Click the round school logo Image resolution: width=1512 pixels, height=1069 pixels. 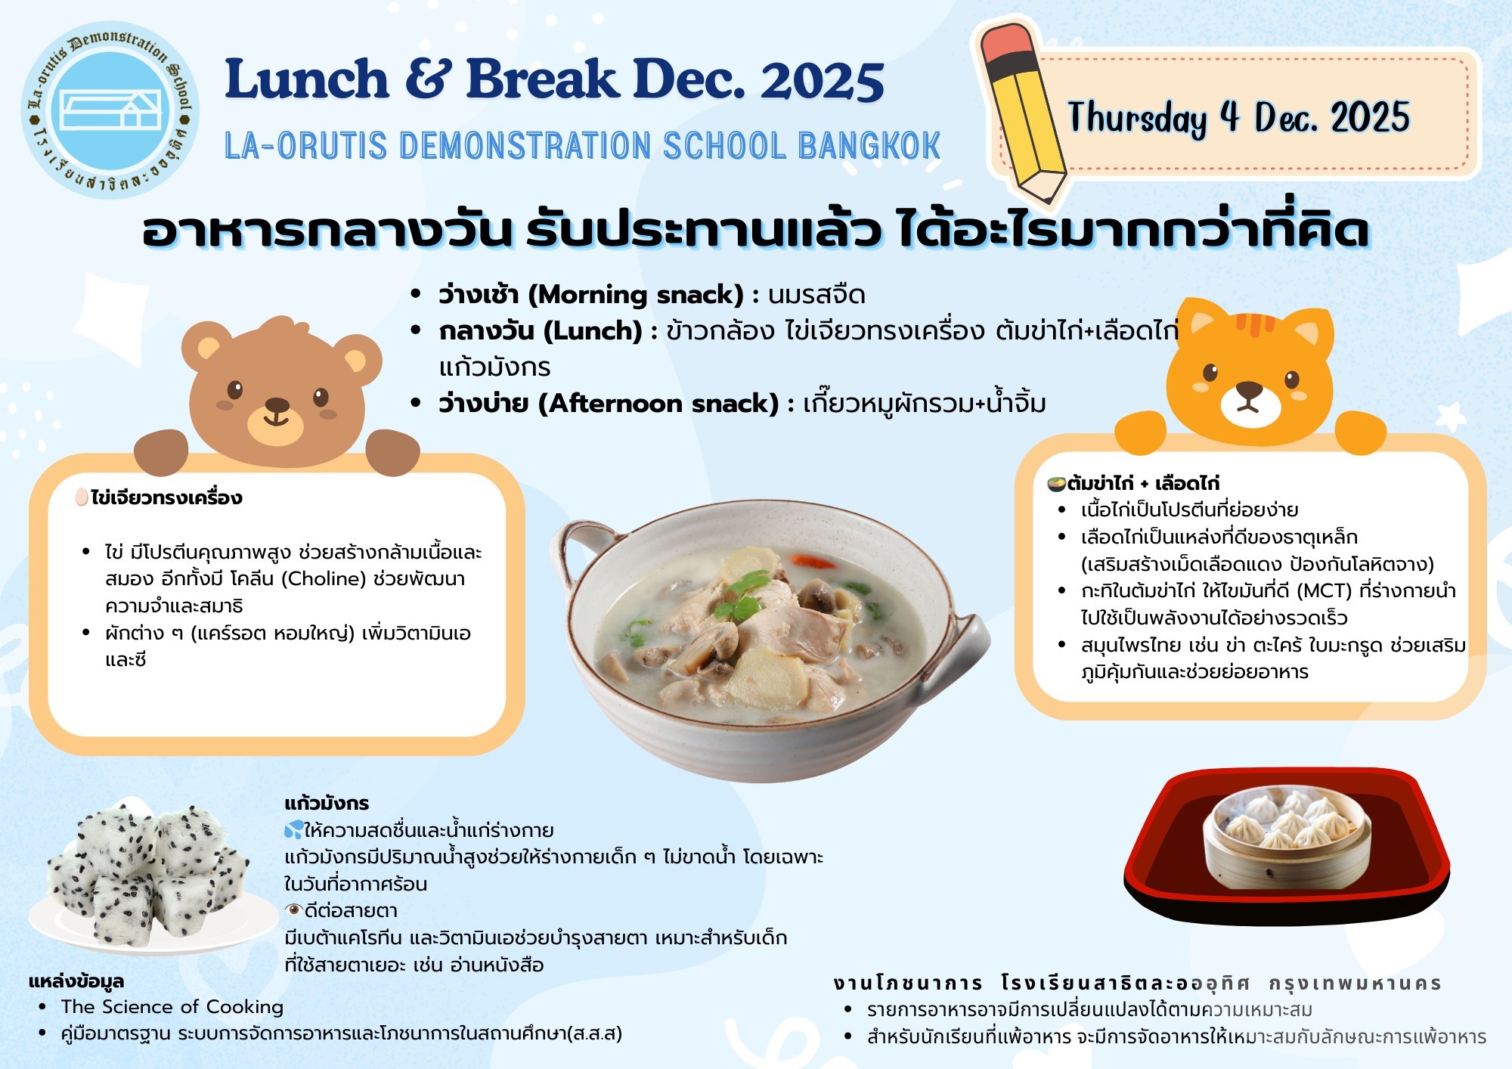point(110,110)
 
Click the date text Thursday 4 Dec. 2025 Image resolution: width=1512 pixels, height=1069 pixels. point(1238,118)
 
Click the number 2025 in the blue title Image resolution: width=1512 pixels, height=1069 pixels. point(823,80)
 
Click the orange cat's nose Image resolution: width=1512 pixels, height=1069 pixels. point(1248,390)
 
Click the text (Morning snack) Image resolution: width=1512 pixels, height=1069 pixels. point(635,294)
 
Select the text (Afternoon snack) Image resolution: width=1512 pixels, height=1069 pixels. point(658,404)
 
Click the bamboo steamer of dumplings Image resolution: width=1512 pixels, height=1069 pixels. point(1286,838)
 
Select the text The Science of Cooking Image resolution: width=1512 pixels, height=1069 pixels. point(172,1007)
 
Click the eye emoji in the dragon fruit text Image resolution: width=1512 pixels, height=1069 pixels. point(293,910)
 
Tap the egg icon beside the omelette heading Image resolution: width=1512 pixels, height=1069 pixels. point(82,497)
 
